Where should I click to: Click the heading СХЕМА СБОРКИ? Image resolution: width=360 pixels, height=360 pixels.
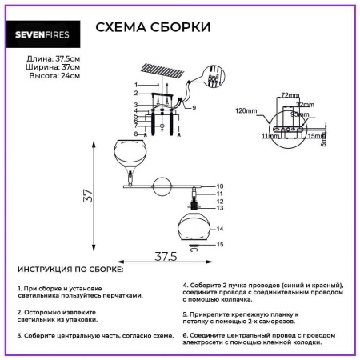pos(153,27)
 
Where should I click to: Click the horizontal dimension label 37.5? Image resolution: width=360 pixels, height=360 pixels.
pos(165,256)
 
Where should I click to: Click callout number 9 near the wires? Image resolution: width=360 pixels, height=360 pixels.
pos(194,106)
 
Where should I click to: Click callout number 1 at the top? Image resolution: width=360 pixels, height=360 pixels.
pos(136,85)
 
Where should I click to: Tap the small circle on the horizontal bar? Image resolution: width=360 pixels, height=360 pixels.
pos(163,185)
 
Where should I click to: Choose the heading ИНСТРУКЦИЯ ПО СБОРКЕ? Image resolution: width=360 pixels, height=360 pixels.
pos(70,270)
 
